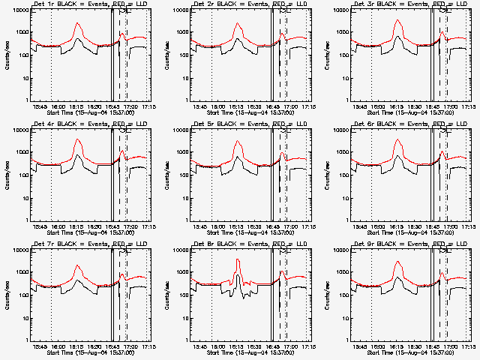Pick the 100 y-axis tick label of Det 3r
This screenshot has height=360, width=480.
click(346, 55)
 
